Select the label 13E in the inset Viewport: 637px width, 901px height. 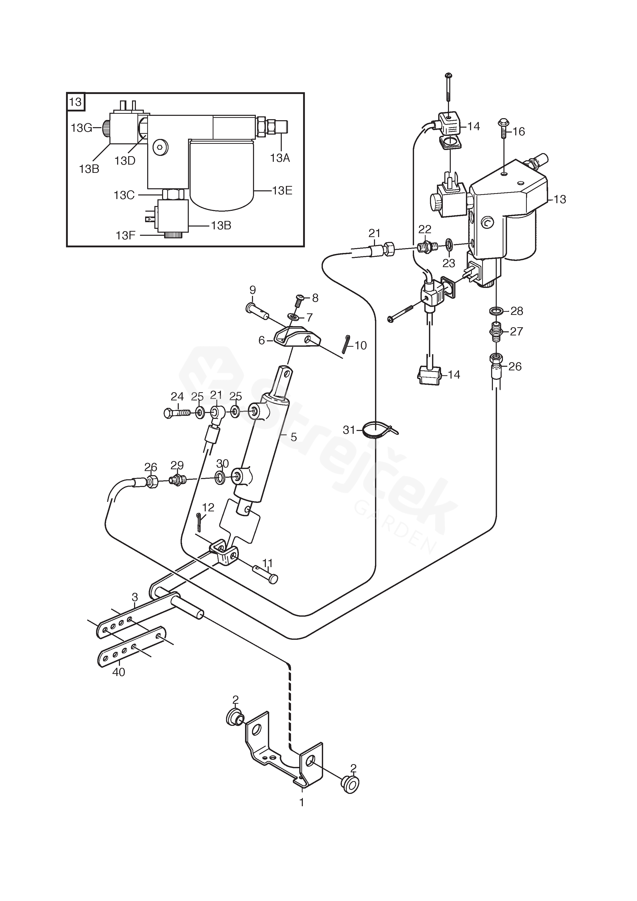[x=282, y=191]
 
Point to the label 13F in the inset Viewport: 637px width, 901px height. [x=126, y=236]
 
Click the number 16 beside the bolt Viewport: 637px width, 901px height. [x=519, y=132]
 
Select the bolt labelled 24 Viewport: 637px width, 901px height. [x=177, y=412]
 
